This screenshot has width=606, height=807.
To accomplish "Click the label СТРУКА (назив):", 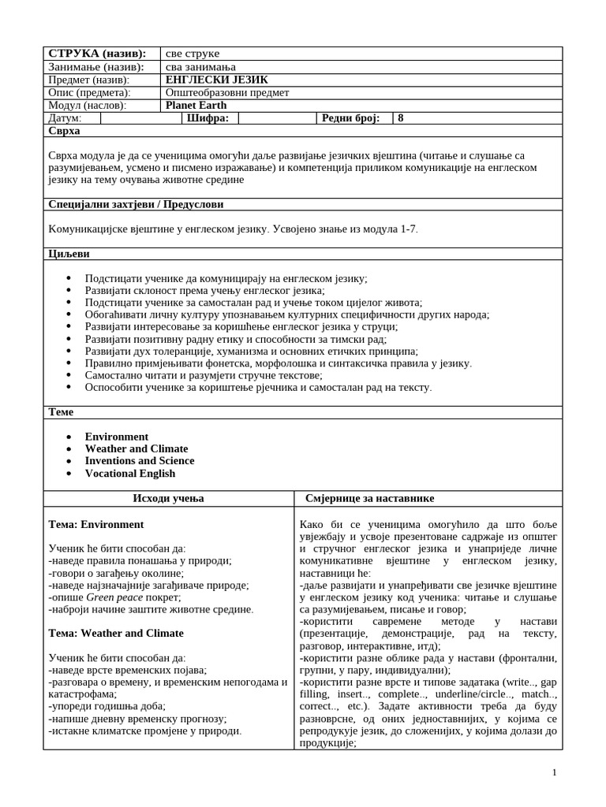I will [x=97, y=54].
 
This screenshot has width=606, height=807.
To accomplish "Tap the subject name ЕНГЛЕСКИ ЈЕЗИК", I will [x=217, y=80].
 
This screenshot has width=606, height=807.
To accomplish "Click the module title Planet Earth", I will [x=196, y=106].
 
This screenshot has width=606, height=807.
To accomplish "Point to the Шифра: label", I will [x=208, y=118].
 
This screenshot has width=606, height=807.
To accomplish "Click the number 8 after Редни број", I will [x=401, y=118].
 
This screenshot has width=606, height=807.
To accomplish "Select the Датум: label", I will [x=65, y=118].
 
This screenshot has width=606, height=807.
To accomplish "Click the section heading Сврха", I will [x=64, y=131].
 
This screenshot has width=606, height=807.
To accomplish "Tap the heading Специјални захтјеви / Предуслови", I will [x=136, y=204].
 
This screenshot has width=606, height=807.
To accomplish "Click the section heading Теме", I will [x=61, y=412].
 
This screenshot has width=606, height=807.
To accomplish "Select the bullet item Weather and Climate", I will [x=137, y=448].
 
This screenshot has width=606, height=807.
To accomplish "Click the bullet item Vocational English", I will [x=130, y=474].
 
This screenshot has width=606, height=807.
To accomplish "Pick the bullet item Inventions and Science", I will [x=140, y=461].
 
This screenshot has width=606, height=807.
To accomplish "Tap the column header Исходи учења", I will [x=168, y=499].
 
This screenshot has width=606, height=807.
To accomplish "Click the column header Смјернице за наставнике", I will [x=369, y=499].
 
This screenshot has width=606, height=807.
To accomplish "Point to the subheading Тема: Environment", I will [x=96, y=524].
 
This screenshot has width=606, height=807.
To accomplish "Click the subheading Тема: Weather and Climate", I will [x=116, y=633].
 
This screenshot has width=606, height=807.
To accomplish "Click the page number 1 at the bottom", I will [x=555, y=772].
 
